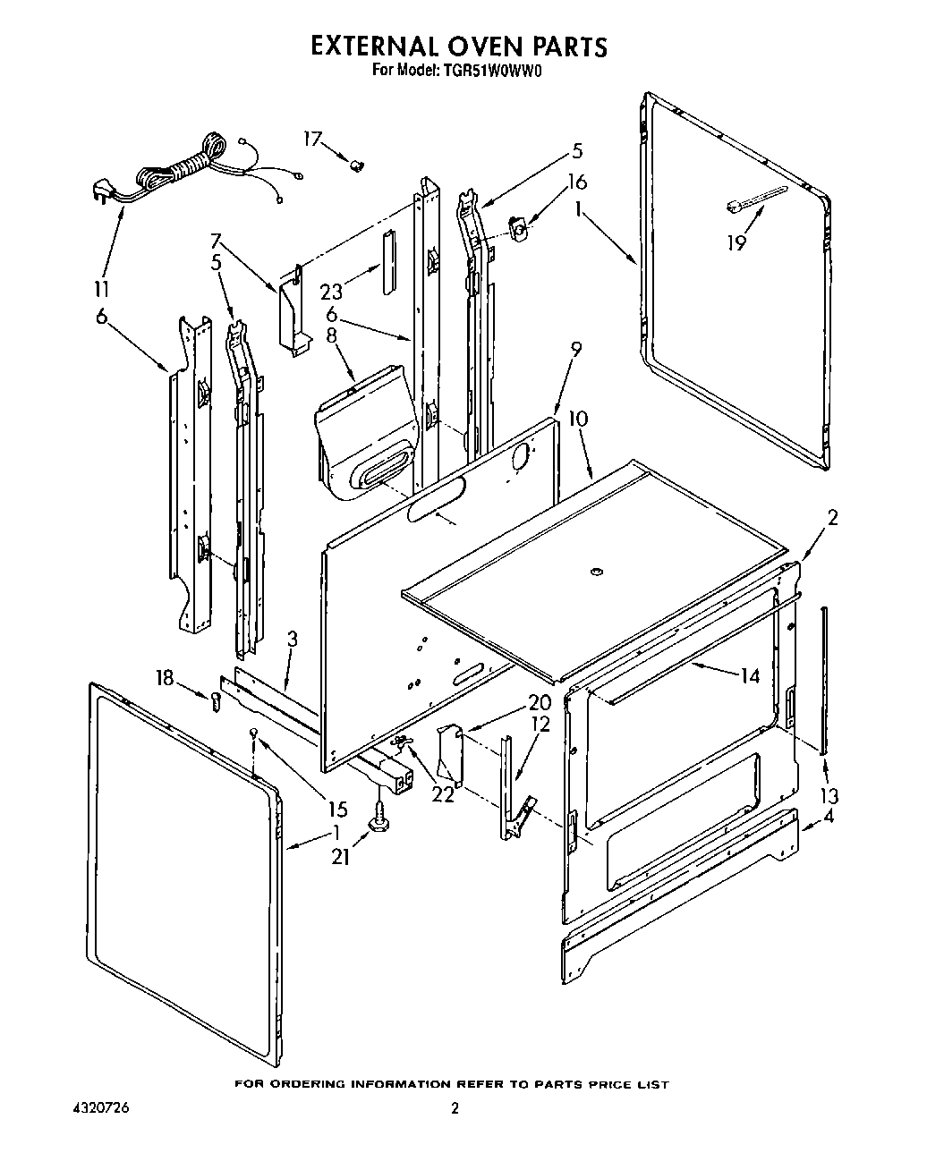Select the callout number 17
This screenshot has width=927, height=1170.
pos(312,139)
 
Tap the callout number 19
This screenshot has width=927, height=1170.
pos(736,243)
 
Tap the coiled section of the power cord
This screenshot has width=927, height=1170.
pos(212,148)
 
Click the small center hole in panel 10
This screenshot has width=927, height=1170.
pos(597,570)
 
